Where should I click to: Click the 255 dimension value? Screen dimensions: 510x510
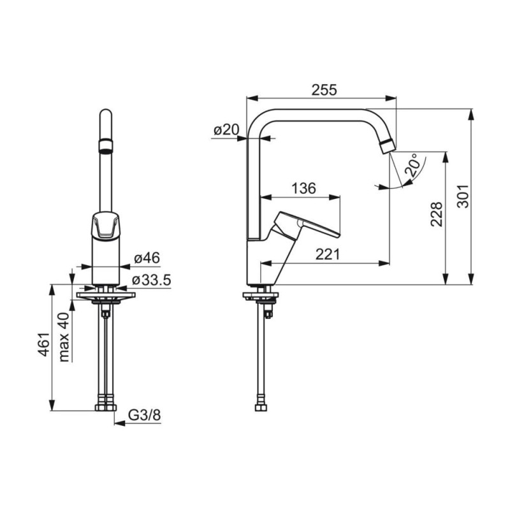(x=324, y=90)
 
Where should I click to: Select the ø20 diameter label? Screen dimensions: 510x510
(x=226, y=130)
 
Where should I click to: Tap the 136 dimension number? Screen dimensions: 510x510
(x=303, y=188)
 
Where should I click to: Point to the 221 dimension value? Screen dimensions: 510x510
(x=327, y=254)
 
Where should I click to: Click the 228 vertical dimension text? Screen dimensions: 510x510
(x=437, y=214)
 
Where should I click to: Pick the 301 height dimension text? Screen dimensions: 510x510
(x=463, y=196)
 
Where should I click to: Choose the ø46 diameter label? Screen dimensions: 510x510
(x=147, y=258)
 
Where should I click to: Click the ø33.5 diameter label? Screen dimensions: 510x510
(x=152, y=280)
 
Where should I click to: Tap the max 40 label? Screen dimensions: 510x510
(x=64, y=337)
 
